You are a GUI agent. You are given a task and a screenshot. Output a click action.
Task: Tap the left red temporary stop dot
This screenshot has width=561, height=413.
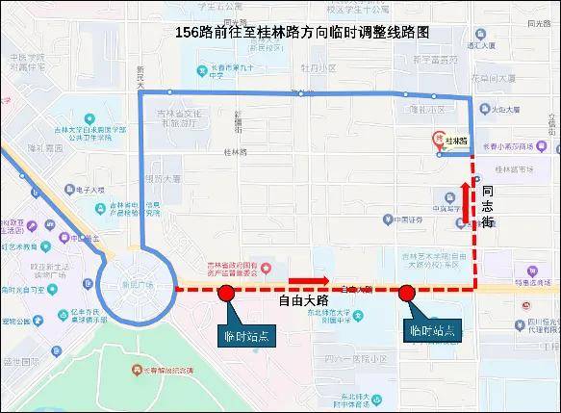225,293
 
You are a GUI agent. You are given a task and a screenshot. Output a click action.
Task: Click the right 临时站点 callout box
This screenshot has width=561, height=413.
429,330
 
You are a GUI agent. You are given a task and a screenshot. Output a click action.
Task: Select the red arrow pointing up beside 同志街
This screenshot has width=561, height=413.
466,200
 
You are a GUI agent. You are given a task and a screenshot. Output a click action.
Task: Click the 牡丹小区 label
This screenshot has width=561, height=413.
318,69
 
